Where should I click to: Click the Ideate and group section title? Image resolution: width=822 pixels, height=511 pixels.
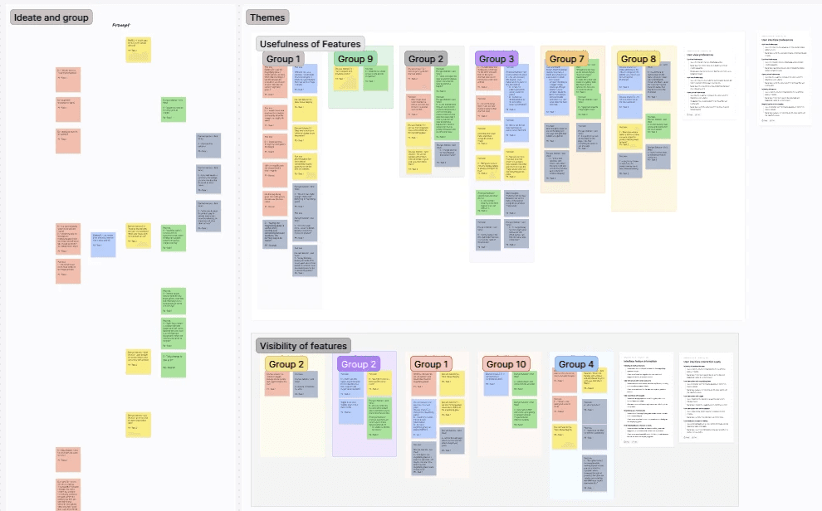(x=51, y=17)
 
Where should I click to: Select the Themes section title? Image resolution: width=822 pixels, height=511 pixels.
(x=267, y=17)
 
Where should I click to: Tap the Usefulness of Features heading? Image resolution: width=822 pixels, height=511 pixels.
(x=310, y=44)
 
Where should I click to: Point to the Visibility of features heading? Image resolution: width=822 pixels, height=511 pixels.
(x=303, y=346)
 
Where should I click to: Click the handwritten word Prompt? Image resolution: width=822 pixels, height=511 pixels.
(x=123, y=25)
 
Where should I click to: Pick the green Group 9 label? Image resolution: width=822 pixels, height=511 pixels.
(x=355, y=59)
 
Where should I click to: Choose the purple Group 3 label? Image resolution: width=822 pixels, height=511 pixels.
(x=497, y=59)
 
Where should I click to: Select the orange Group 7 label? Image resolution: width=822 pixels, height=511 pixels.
(x=566, y=59)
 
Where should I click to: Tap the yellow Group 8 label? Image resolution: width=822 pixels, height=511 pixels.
(x=639, y=59)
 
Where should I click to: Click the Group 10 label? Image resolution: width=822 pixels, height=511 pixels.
(x=506, y=364)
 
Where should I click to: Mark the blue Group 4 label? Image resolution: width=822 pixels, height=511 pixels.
(x=576, y=364)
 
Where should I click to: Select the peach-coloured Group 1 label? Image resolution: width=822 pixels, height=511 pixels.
(x=432, y=364)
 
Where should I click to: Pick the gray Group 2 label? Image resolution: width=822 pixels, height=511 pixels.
(x=426, y=59)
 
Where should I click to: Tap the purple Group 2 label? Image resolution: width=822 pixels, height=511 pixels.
(x=359, y=364)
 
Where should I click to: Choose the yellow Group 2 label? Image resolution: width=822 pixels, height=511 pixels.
(x=286, y=364)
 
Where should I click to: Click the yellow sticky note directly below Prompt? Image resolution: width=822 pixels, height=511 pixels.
(x=138, y=49)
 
